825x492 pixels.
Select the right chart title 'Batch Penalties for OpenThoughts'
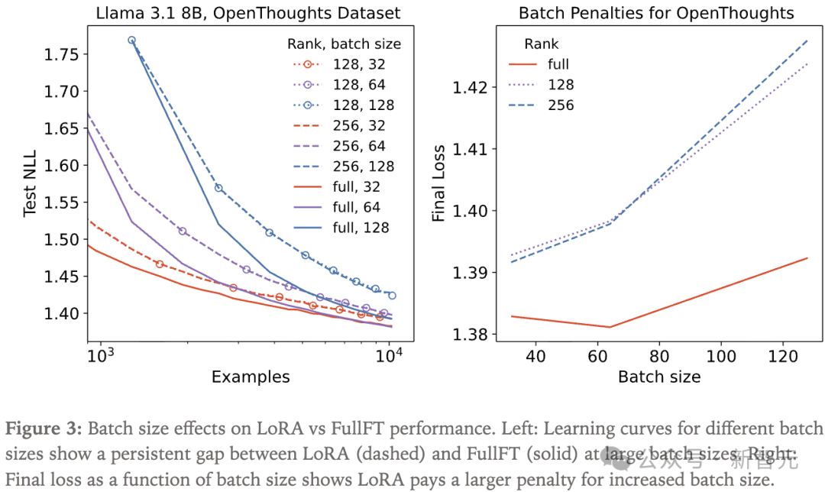click(x=656, y=13)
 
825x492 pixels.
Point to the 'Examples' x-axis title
click(x=251, y=377)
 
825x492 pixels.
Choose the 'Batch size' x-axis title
click(x=658, y=377)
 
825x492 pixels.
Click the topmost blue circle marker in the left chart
click(x=131, y=40)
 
